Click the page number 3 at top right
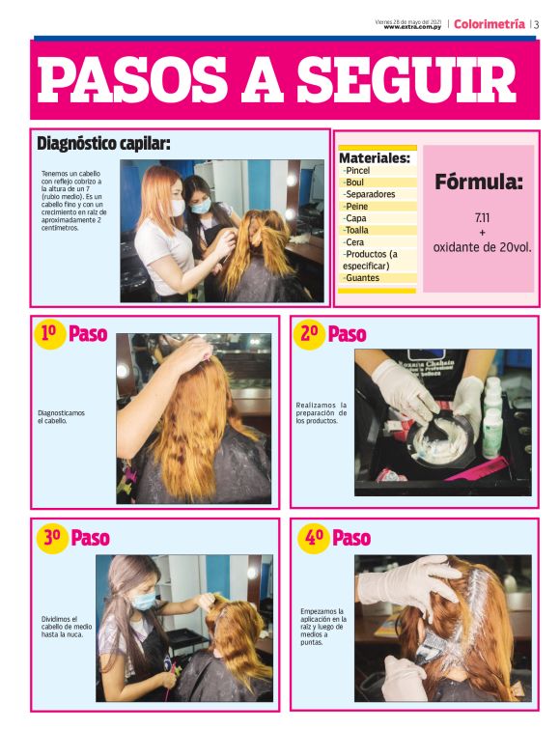[536, 24]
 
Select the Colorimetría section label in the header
[490, 23]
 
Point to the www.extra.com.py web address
[412, 27]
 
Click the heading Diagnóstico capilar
[103, 144]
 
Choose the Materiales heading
[375, 157]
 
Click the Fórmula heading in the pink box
[478, 182]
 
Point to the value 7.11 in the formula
[482, 217]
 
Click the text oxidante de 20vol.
[482, 247]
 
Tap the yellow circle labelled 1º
[48, 334]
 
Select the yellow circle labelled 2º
[309, 334]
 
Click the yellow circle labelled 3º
[50, 538]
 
